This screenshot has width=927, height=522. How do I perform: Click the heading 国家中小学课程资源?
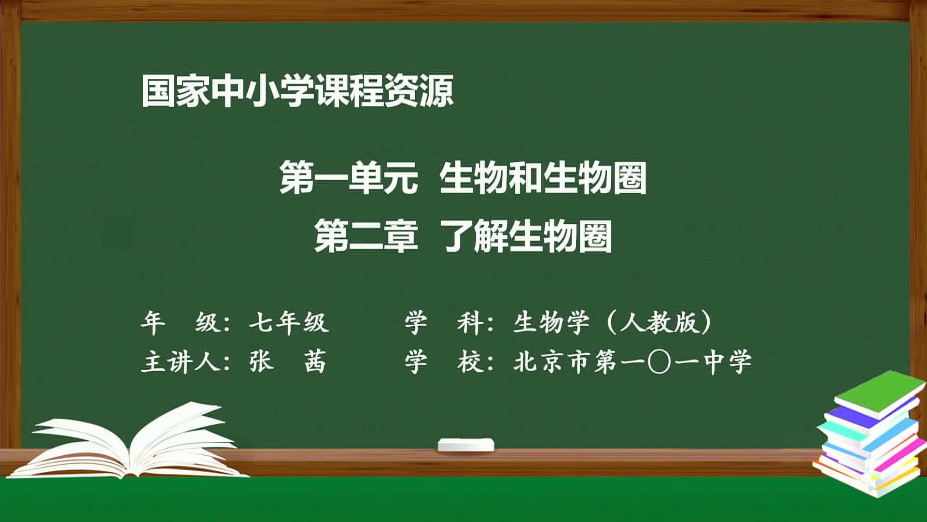[297, 90]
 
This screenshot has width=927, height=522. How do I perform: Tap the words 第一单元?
[349, 178]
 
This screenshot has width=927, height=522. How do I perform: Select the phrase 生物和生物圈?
[543, 178]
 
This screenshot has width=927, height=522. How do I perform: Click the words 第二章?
[366, 236]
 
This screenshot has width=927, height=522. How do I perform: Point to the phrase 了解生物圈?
[527, 236]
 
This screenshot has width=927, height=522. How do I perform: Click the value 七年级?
[289, 322]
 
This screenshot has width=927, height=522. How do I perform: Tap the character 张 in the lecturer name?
[261, 362]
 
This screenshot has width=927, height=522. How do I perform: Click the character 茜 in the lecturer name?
[315, 362]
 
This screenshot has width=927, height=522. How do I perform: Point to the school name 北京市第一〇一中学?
[632, 362]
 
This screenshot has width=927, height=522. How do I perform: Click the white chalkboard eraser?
[466, 445]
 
